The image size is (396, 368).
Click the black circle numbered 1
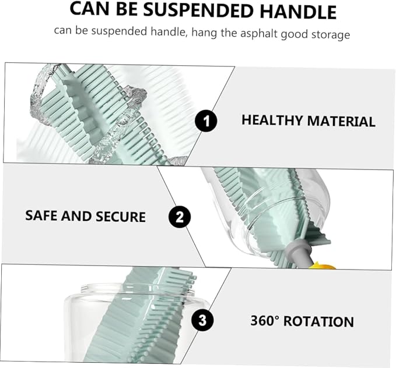click(x=206, y=121)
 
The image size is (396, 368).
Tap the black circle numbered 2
click(x=180, y=217)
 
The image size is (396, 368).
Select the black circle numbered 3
click(x=202, y=321)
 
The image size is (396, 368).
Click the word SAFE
click(x=41, y=215)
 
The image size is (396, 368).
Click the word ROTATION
click(x=318, y=322)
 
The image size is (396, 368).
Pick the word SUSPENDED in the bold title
click(x=198, y=10)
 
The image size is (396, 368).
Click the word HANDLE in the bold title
click(x=298, y=12)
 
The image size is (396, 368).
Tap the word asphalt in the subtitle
click(x=259, y=34)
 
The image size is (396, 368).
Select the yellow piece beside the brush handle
click(x=323, y=266)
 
